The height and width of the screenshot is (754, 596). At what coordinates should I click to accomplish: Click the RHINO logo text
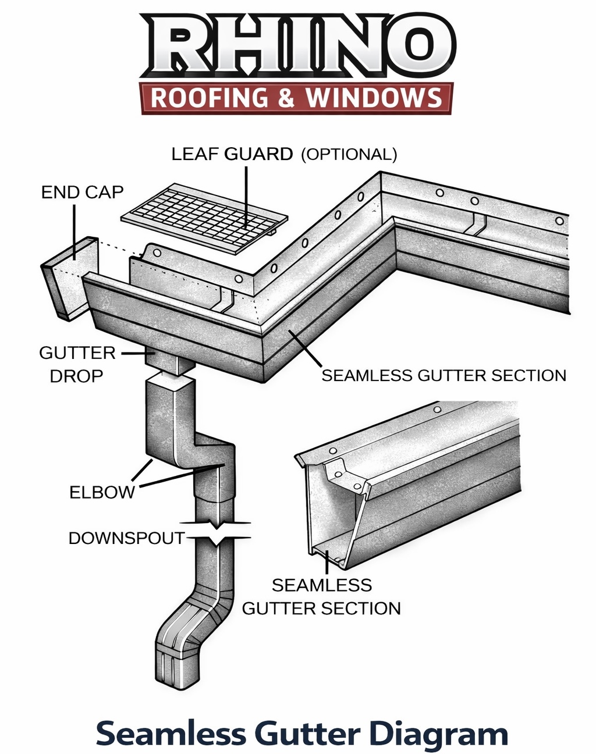297,45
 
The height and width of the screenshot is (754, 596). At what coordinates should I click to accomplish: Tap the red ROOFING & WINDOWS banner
296,97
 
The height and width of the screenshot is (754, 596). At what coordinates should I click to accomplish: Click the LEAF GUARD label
232,154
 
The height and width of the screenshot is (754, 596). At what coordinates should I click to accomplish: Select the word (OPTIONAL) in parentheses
349,155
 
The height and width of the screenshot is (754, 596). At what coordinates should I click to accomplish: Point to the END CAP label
82,192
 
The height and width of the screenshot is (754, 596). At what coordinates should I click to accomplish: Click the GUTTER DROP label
76,365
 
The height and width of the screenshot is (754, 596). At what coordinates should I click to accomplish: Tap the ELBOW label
102,492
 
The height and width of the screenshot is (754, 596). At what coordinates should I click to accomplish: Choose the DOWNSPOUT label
126,538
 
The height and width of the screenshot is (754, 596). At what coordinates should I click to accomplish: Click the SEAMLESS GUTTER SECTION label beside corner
444,376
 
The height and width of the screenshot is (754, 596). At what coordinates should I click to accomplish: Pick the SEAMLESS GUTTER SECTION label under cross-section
321,597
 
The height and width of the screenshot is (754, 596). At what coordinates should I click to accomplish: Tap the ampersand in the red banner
286,98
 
